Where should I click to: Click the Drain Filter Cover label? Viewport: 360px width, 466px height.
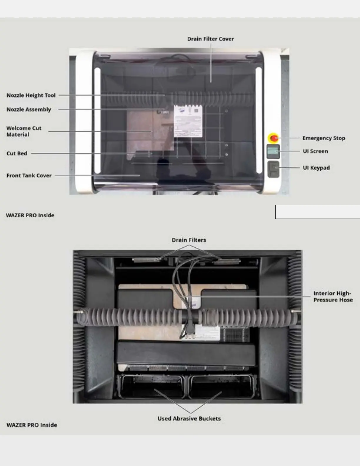[211, 39]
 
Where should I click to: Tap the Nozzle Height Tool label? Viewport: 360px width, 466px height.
[31, 95]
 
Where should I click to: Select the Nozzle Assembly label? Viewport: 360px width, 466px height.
[29, 109]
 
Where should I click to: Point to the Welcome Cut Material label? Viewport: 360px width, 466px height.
[24, 131]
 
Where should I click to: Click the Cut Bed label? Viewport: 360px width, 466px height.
[17, 153]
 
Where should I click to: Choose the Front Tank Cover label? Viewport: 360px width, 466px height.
[29, 175]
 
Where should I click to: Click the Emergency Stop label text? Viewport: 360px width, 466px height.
[324, 138]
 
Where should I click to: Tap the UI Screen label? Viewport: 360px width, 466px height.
[315, 151]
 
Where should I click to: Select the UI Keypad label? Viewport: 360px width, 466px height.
[316, 168]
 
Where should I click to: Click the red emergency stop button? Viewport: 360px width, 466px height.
[274, 138]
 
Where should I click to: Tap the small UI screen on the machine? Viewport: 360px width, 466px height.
[273, 152]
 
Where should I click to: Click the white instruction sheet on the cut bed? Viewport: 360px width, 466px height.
[188, 121]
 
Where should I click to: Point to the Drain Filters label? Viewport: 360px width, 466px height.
[189, 240]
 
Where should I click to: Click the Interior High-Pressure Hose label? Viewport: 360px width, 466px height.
[333, 297]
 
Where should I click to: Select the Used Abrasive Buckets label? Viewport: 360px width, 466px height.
[189, 418]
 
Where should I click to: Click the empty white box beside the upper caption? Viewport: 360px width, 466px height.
[317, 212]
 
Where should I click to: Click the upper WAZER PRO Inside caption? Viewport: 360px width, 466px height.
[30, 215]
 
